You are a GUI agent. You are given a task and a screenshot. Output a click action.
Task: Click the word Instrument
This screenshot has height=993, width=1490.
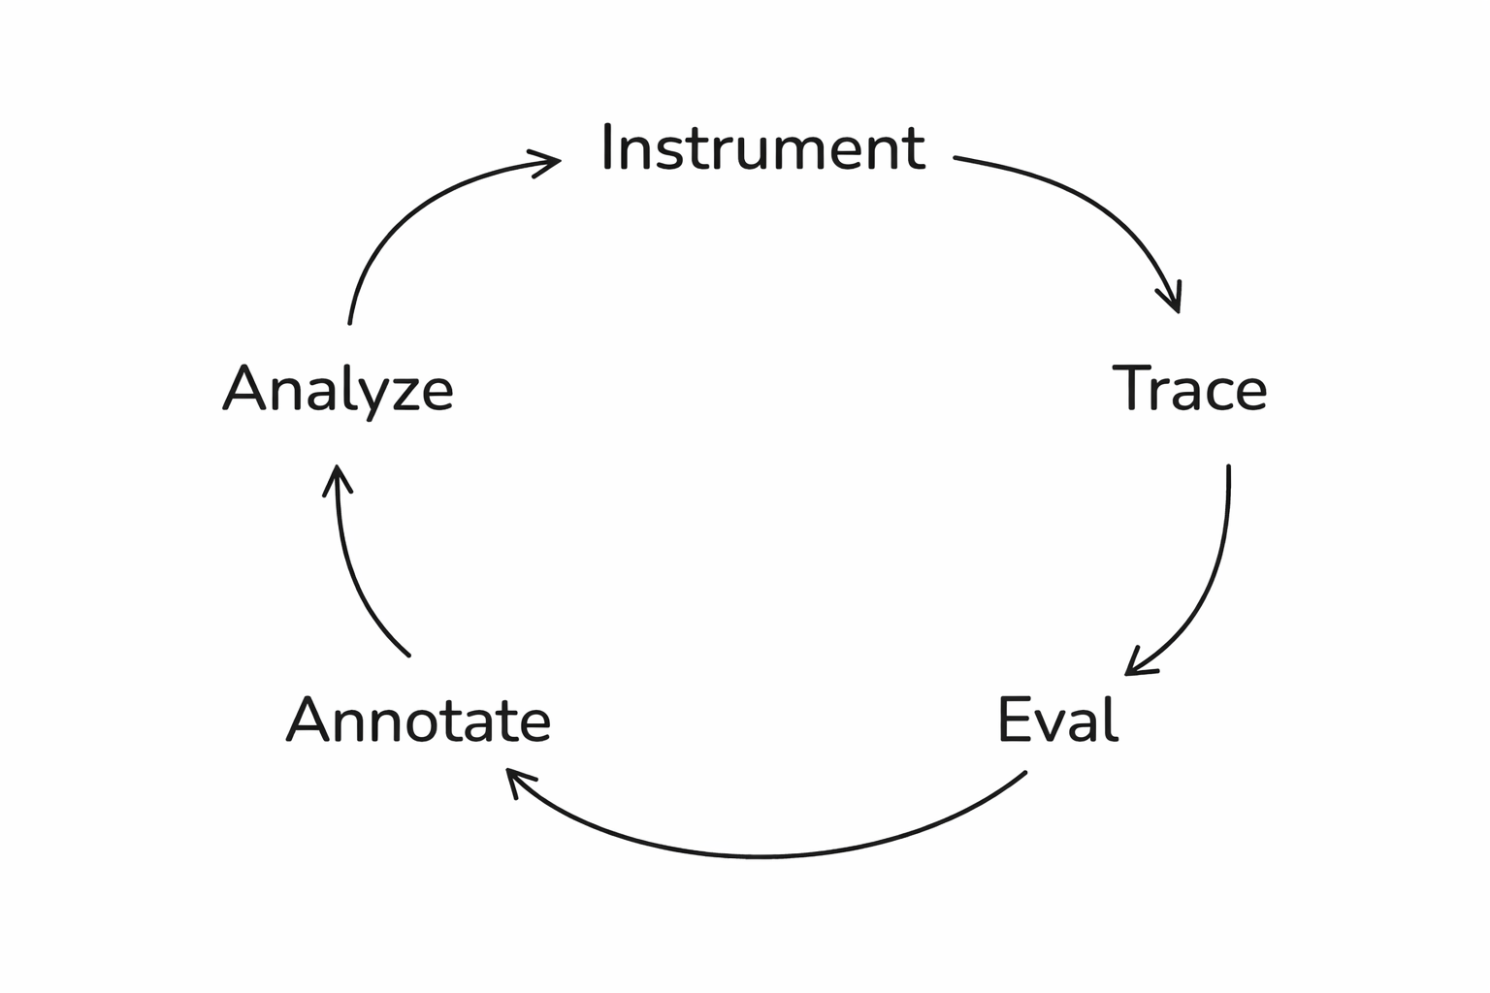pos(763,148)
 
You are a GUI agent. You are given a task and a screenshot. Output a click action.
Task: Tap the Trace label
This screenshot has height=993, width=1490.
pos(1189,388)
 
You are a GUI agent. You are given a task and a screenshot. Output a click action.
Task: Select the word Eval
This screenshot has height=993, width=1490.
pos(1057,720)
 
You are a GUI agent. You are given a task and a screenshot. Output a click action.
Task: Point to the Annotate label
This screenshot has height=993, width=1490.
pos(419,721)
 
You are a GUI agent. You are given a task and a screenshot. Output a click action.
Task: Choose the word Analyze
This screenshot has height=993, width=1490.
pos(339,390)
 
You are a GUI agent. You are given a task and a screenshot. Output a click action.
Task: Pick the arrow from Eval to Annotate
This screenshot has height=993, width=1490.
pos(761,855)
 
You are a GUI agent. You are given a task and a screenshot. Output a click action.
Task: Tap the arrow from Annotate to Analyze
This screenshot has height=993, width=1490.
pos(354,582)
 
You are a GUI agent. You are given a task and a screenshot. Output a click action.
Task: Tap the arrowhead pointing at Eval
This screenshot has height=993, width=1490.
pos(1136,666)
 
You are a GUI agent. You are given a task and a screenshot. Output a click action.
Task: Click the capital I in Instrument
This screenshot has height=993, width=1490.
pos(607,147)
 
